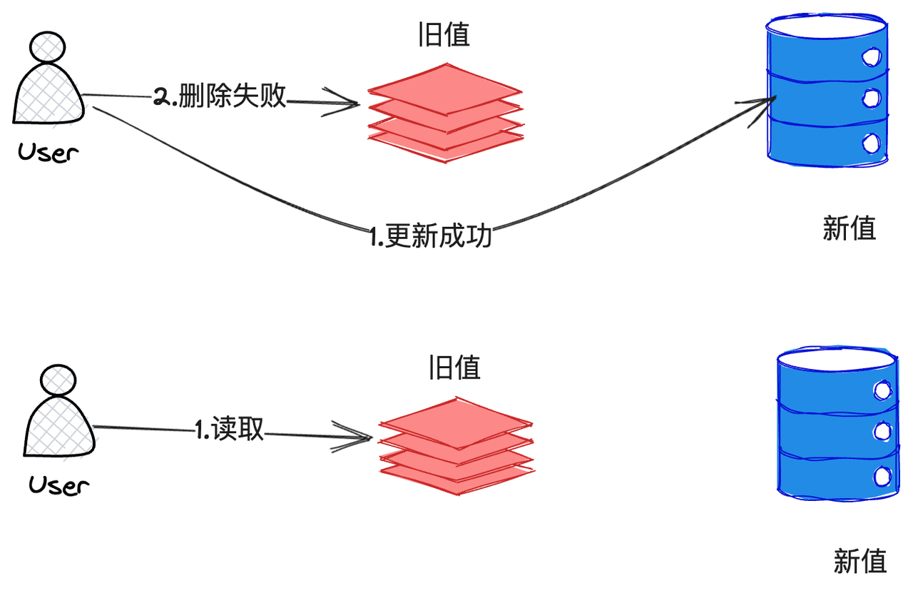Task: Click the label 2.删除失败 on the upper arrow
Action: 220,97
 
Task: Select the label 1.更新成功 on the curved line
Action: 432,235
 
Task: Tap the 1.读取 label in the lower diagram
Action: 230,429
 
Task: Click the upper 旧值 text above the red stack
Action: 444,34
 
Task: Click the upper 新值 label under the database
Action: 849,229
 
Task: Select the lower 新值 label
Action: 860,561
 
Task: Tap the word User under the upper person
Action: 49,152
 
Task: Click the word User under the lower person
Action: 59,486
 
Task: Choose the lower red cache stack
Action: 456,445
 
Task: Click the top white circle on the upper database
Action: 871,56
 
